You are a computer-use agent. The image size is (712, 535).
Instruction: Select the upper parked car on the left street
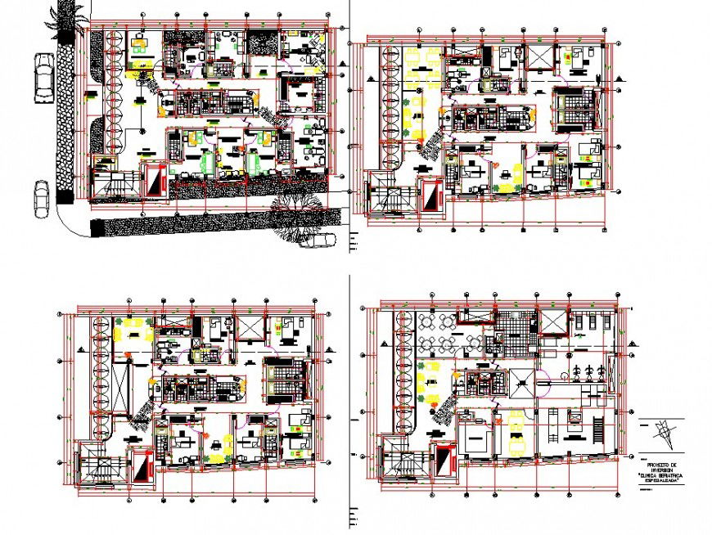tap(43, 79)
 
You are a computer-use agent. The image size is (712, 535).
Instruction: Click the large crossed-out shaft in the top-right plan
tap(541, 57)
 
